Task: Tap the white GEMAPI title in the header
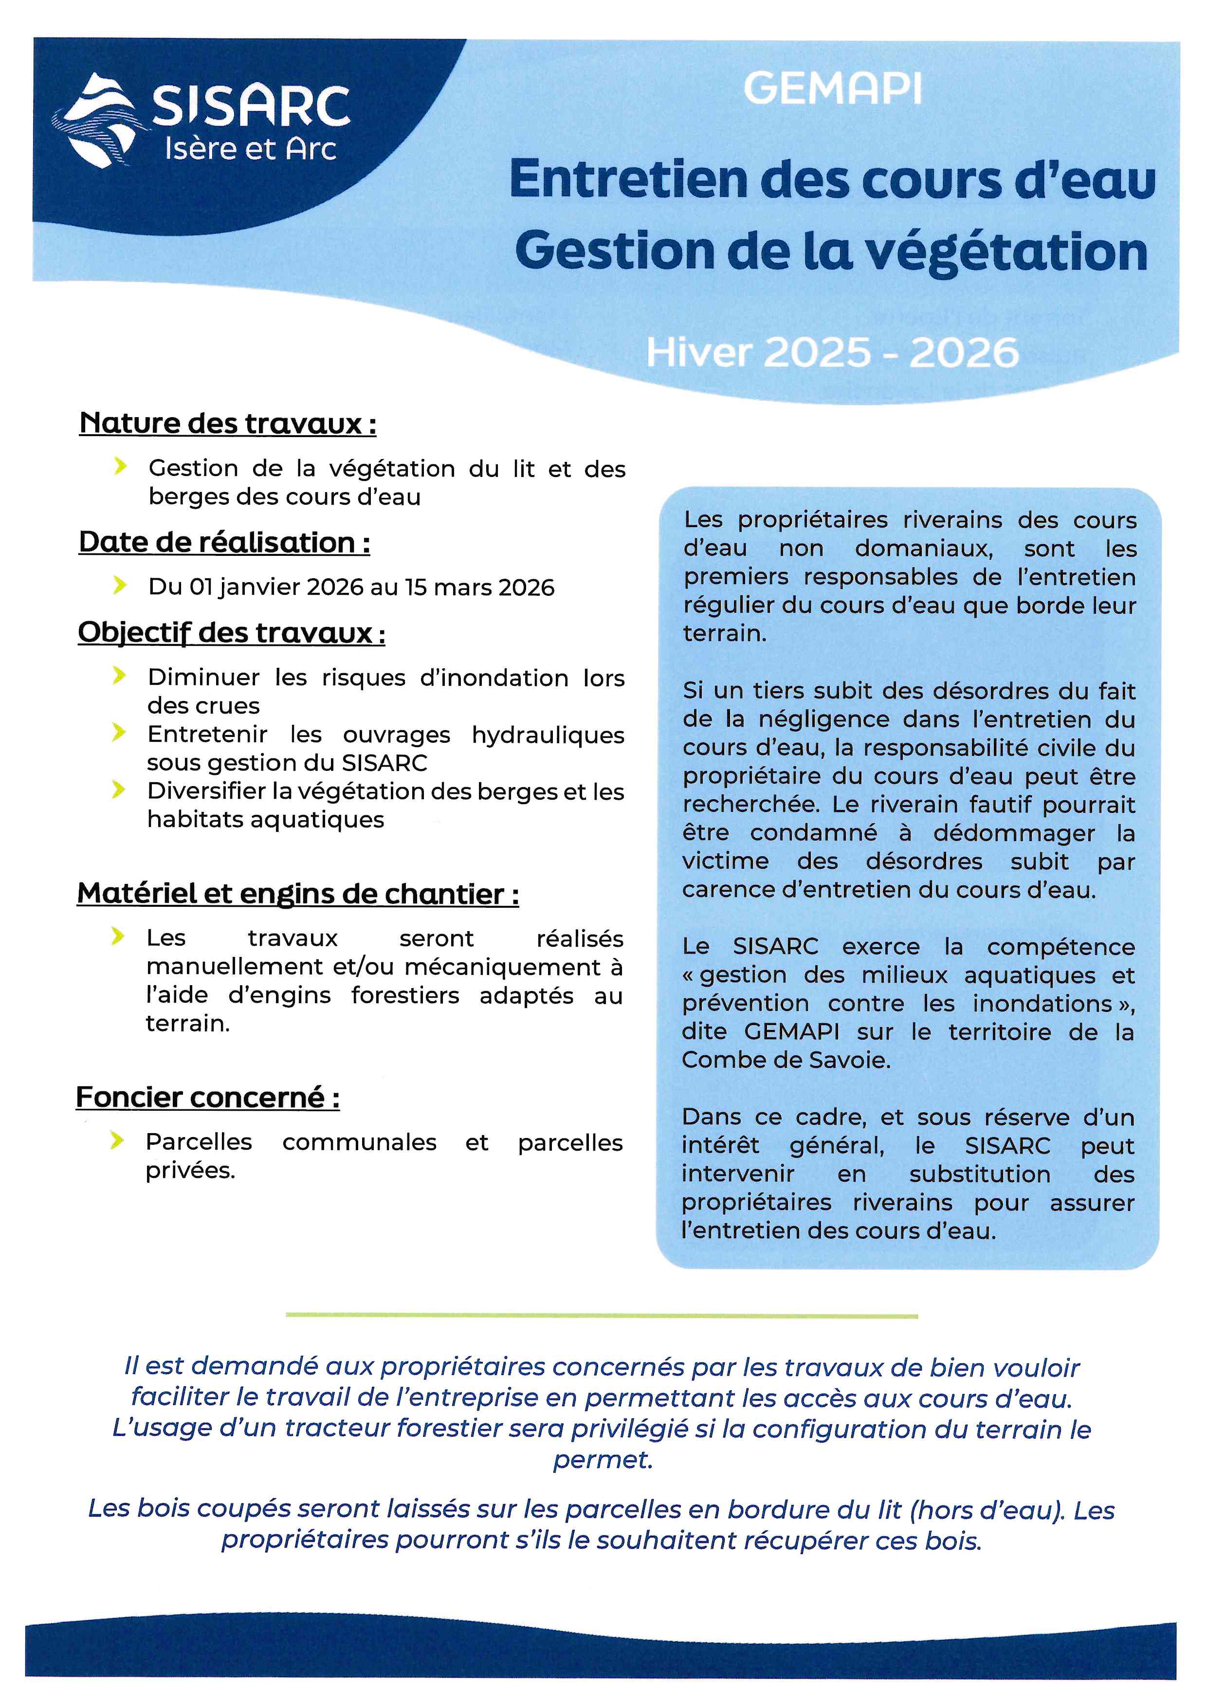click(832, 89)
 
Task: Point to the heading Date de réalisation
click(224, 542)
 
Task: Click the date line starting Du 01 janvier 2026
click(351, 587)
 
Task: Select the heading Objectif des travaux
click(231, 633)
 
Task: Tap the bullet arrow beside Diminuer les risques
click(119, 676)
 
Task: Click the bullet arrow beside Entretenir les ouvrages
click(119, 733)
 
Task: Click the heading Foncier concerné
click(208, 1097)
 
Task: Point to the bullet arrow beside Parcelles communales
click(117, 1140)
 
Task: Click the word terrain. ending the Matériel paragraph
click(188, 1024)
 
